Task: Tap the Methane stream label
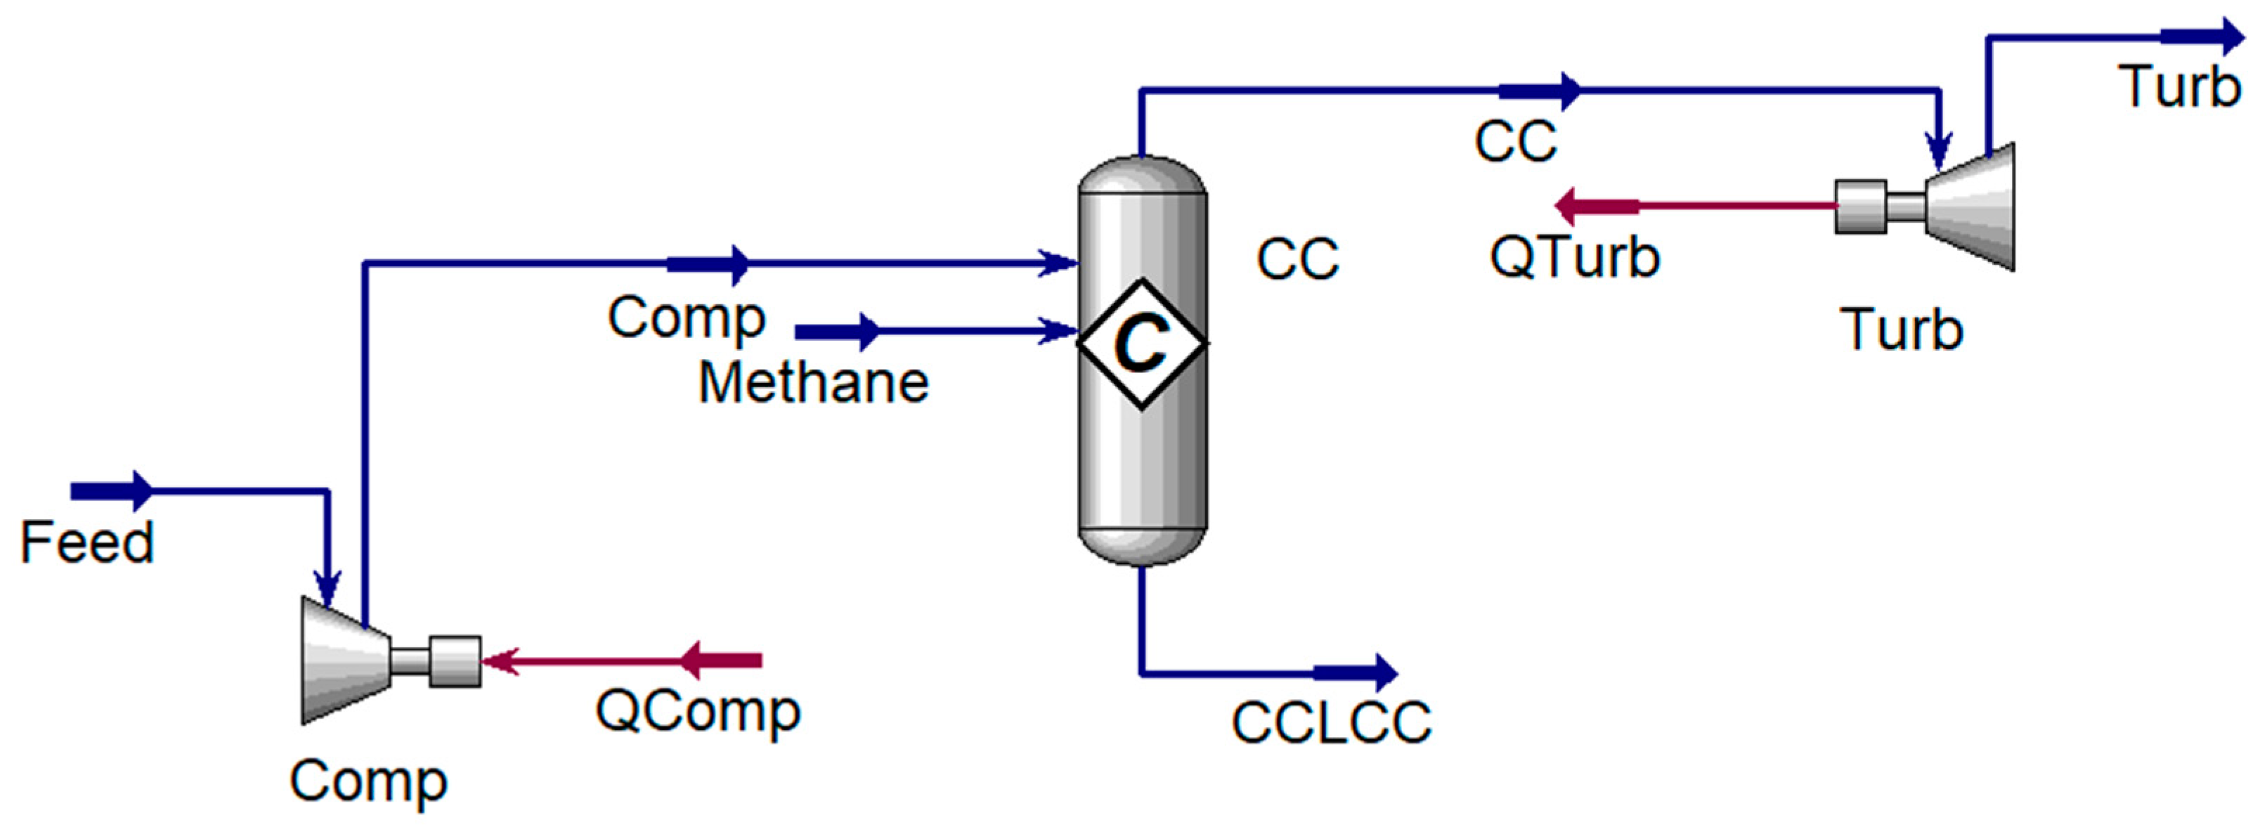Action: click(x=813, y=383)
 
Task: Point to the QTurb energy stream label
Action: click(x=1575, y=257)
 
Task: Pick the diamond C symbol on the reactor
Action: click(x=1141, y=343)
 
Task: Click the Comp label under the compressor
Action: click(x=368, y=781)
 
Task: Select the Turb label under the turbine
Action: click(x=1900, y=330)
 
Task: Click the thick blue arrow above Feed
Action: click(x=112, y=491)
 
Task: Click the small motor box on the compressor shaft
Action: click(x=455, y=660)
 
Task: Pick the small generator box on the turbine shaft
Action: click(x=1860, y=207)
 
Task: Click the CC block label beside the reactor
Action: click(x=1297, y=259)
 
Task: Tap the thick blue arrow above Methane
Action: click(x=837, y=332)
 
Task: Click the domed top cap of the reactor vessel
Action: click(x=1141, y=176)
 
